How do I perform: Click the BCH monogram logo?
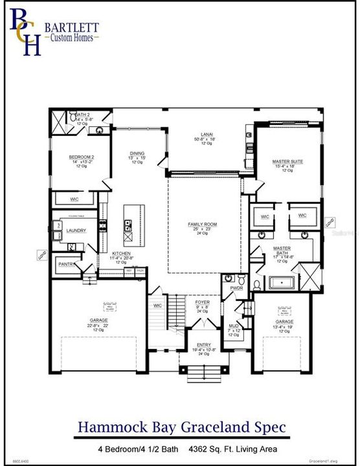pos(25,32)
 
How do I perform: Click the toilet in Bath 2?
pos(100,130)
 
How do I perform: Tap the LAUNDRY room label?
pos(76,230)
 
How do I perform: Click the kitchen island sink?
pos(128,226)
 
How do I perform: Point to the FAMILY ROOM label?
pos(202,224)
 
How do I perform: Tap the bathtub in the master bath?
pos(281,283)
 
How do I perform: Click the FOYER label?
pos(202,302)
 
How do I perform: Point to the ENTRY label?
pos(202,346)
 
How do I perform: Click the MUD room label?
pos(234,326)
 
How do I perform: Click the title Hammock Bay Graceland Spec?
pos(180,427)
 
